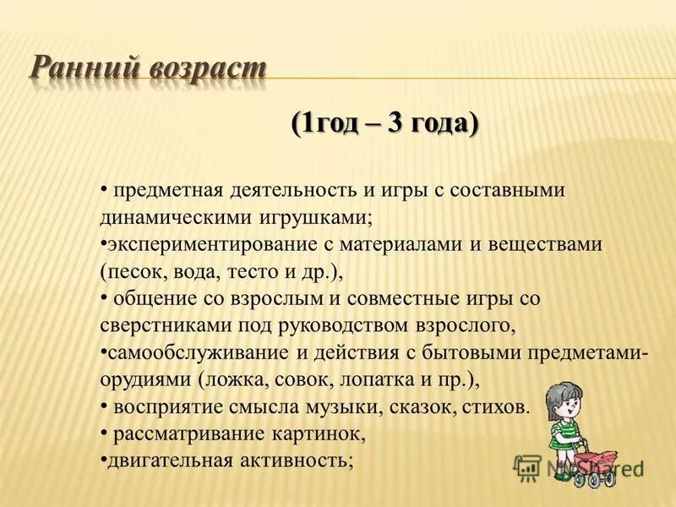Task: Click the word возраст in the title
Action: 205,68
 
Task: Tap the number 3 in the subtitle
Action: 395,123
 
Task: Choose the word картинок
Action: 318,433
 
